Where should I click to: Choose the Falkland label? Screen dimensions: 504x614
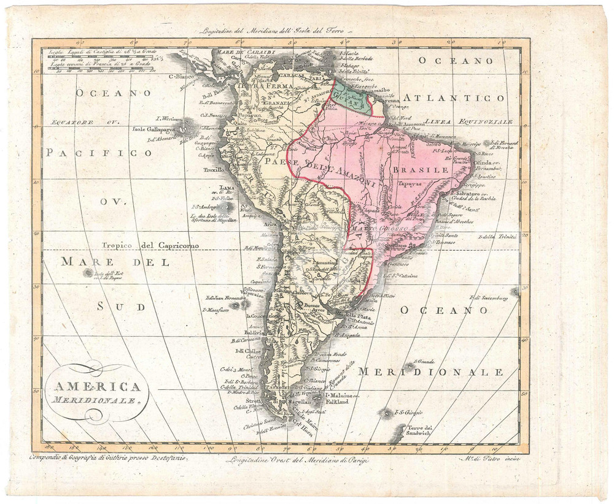334,402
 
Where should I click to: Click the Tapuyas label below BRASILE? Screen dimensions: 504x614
410,183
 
